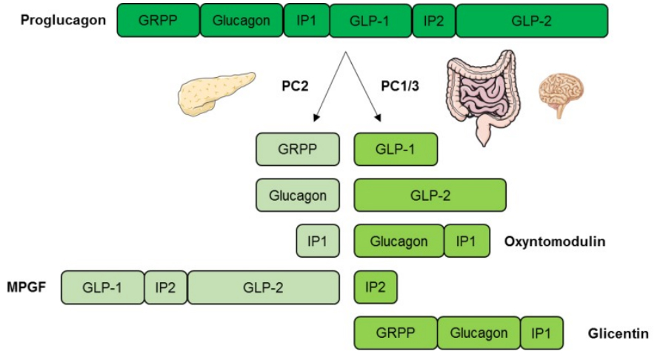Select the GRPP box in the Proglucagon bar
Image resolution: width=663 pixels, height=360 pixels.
pos(159,20)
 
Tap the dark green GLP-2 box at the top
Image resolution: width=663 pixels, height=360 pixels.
pos(531,20)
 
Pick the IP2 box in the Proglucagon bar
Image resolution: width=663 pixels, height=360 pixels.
pos(433,20)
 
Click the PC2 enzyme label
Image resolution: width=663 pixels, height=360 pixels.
pos(294,86)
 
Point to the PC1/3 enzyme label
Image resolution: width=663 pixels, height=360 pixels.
pos(401,86)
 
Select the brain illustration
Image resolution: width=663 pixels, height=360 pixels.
pos(561,92)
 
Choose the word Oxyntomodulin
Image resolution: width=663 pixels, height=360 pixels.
pos(554,241)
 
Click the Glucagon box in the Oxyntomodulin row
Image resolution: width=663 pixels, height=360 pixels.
pos(399,241)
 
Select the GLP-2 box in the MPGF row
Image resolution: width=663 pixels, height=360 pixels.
pos(263,287)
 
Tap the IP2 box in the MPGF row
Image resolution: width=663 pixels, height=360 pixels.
pos(165,287)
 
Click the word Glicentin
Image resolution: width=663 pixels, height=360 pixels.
pos(619,334)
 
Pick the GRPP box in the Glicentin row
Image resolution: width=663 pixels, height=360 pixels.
pos(396,333)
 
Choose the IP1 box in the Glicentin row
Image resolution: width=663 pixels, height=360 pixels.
pos(542,333)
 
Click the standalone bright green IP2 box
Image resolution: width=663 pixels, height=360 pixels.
pos(376,287)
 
